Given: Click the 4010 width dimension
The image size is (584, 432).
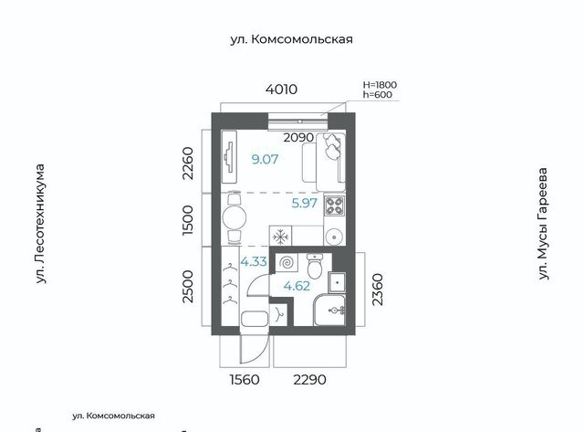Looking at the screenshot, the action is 281,90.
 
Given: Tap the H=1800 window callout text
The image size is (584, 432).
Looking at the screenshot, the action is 380,85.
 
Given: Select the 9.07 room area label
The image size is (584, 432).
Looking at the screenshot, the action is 265,160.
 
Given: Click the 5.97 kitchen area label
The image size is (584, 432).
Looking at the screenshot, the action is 304,203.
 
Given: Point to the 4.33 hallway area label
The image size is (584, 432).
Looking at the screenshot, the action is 254,261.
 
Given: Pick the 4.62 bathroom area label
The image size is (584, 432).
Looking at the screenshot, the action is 297,286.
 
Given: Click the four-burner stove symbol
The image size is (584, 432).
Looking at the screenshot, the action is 335,205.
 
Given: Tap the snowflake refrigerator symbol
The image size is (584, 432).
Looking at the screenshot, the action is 280,237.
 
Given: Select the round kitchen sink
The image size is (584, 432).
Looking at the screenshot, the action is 334,237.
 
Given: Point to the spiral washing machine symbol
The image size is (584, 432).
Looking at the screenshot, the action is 287,263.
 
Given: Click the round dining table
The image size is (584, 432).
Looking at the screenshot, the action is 235,217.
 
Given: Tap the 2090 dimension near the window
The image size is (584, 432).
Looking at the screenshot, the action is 298,138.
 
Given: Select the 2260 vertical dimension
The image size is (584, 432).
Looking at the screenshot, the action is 189,163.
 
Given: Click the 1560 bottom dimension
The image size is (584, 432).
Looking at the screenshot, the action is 245,380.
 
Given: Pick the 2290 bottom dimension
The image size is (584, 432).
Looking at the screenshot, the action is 310,380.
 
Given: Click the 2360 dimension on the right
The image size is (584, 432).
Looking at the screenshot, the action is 377,290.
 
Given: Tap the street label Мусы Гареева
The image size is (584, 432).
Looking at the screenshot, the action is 543,224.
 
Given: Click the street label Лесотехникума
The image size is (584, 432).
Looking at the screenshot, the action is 40,224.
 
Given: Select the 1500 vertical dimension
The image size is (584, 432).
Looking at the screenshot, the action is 189,220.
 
